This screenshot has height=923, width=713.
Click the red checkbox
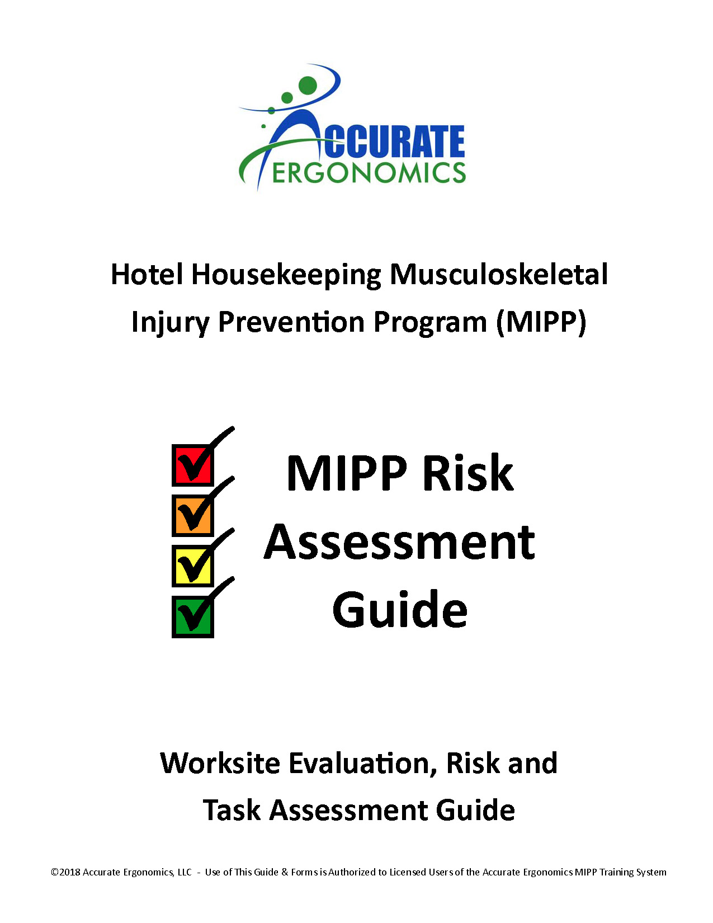tap(192, 465)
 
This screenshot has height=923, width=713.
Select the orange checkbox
tap(192, 515)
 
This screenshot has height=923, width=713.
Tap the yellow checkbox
tap(192, 566)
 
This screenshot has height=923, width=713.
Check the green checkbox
tap(192, 617)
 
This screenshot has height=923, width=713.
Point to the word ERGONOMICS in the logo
tap(369, 173)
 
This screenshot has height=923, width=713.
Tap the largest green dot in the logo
tap(308, 84)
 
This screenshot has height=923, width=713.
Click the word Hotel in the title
tap(147, 275)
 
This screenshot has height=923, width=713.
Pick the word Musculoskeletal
tap(499, 275)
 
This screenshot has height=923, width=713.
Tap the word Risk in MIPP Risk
tap(468, 473)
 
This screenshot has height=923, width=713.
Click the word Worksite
tap(220, 763)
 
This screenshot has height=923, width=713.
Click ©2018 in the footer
tap(65, 872)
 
